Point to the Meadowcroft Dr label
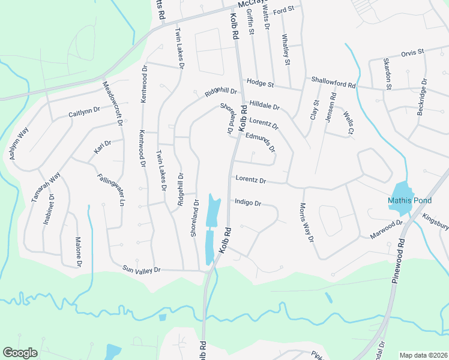point(112,104)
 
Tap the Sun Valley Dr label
point(142,270)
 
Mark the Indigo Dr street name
point(248,203)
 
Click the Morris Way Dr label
point(306,222)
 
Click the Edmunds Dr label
point(261,141)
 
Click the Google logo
point(20,353)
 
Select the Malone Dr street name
point(77,252)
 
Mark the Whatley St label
point(286,49)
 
